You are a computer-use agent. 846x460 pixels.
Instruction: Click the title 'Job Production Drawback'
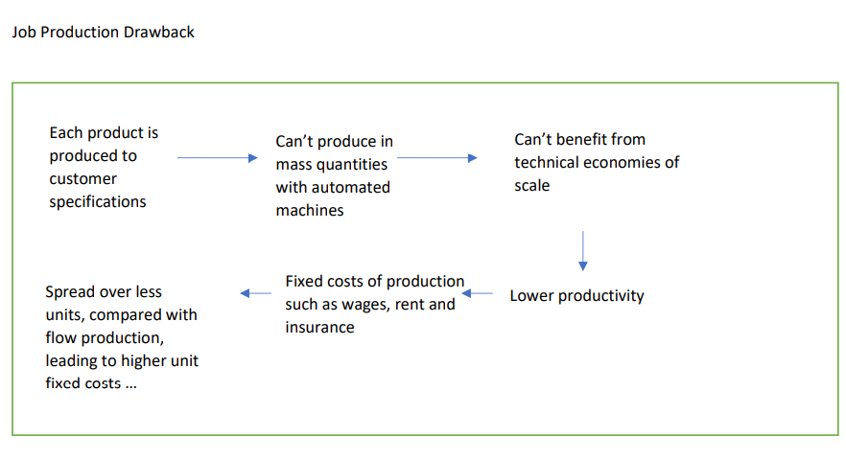[103, 33]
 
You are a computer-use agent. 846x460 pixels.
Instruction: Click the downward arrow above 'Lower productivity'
[583, 250]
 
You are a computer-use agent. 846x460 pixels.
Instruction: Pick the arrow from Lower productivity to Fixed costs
[480, 293]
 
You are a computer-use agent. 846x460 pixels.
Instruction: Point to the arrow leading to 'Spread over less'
[255, 293]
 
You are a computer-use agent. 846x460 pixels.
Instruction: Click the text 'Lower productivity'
[576, 295]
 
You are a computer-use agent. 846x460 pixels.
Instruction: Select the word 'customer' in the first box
[83, 179]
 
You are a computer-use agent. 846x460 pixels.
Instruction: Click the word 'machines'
[310, 211]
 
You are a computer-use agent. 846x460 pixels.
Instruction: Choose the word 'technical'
[549, 163]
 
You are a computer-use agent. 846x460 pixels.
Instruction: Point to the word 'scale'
[532, 186]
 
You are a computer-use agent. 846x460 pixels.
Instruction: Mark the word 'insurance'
[319, 328]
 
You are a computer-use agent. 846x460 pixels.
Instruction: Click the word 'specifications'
[98, 202]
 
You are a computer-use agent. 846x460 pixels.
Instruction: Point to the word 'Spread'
[70, 291]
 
